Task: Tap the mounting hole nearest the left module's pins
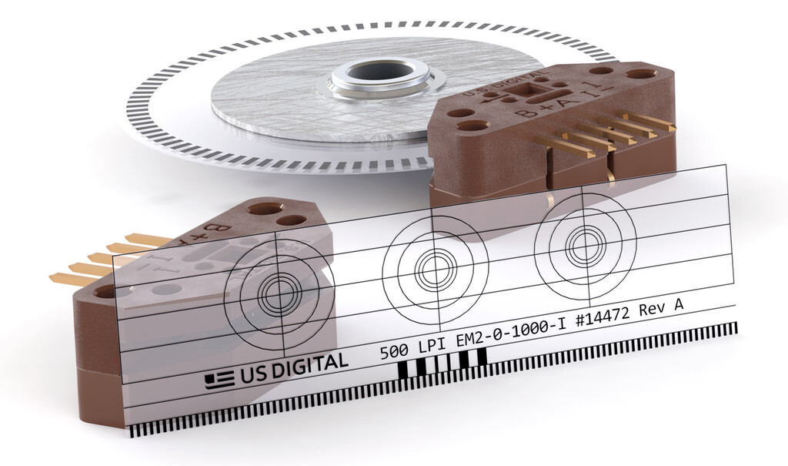(x=105, y=291)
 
